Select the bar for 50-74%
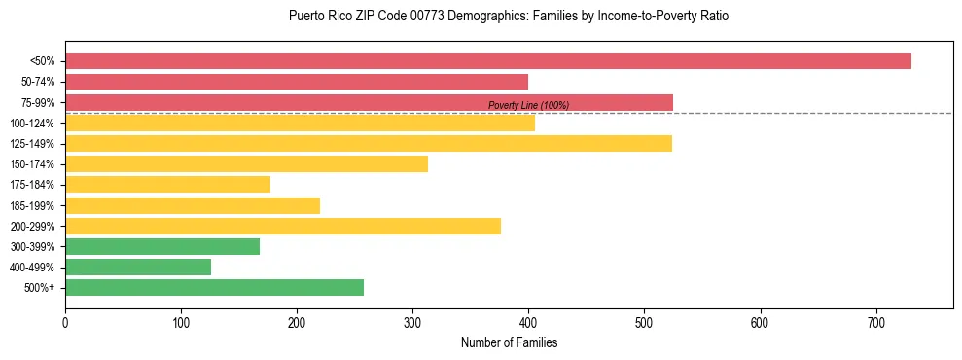tap(297, 82)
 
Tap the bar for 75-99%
tap(369, 102)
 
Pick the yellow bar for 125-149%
tap(369, 144)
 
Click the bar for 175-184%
tap(167, 185)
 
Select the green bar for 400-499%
tap(138, 268)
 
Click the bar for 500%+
tap(214, 288)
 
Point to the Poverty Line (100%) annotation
tap(528, 106)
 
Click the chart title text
tap(509, 17)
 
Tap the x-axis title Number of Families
tap(509, 343)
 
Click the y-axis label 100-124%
tap(32, 124)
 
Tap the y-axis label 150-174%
tap(32, 164)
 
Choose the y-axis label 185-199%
tap(32, 206)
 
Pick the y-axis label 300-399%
tap(32, 247)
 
